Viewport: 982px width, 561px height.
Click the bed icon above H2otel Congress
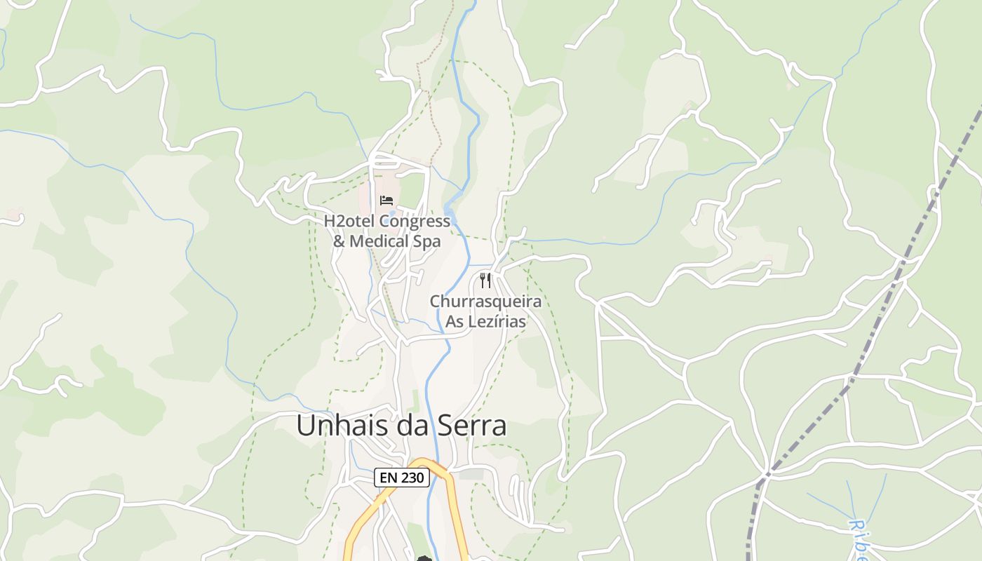tap(386, 201)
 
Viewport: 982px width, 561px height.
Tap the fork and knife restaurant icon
tap(485, 280)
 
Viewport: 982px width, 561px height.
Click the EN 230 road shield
tap(401, 478)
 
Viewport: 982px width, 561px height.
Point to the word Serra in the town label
tap(471, 426)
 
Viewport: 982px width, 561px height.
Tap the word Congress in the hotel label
tap(415, 222)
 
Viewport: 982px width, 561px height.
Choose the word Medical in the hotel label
tap(379, 241)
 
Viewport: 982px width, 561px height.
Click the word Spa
tap(427, 241)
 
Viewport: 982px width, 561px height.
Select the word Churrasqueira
tap(485, 302)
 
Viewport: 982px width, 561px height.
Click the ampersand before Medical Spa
tap(338, 241)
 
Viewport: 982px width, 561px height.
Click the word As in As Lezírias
tap(455, 322)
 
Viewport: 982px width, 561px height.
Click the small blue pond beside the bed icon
tap(392, 212)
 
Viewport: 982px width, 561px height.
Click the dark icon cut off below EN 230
tap(423, 558)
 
